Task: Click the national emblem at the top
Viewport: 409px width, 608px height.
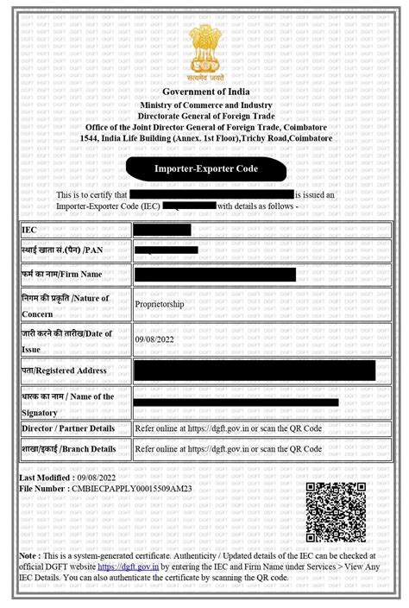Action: click(204, 52)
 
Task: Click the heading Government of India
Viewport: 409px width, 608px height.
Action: click(204, 92)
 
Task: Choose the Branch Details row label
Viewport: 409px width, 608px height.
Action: click(70, 449)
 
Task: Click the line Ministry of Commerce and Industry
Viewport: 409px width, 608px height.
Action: click(204, 104)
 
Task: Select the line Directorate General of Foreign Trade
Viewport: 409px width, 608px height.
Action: click(204, 115)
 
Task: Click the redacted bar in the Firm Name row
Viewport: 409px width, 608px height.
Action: click(215, 275)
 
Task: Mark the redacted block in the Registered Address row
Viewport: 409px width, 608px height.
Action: click(255, 370)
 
